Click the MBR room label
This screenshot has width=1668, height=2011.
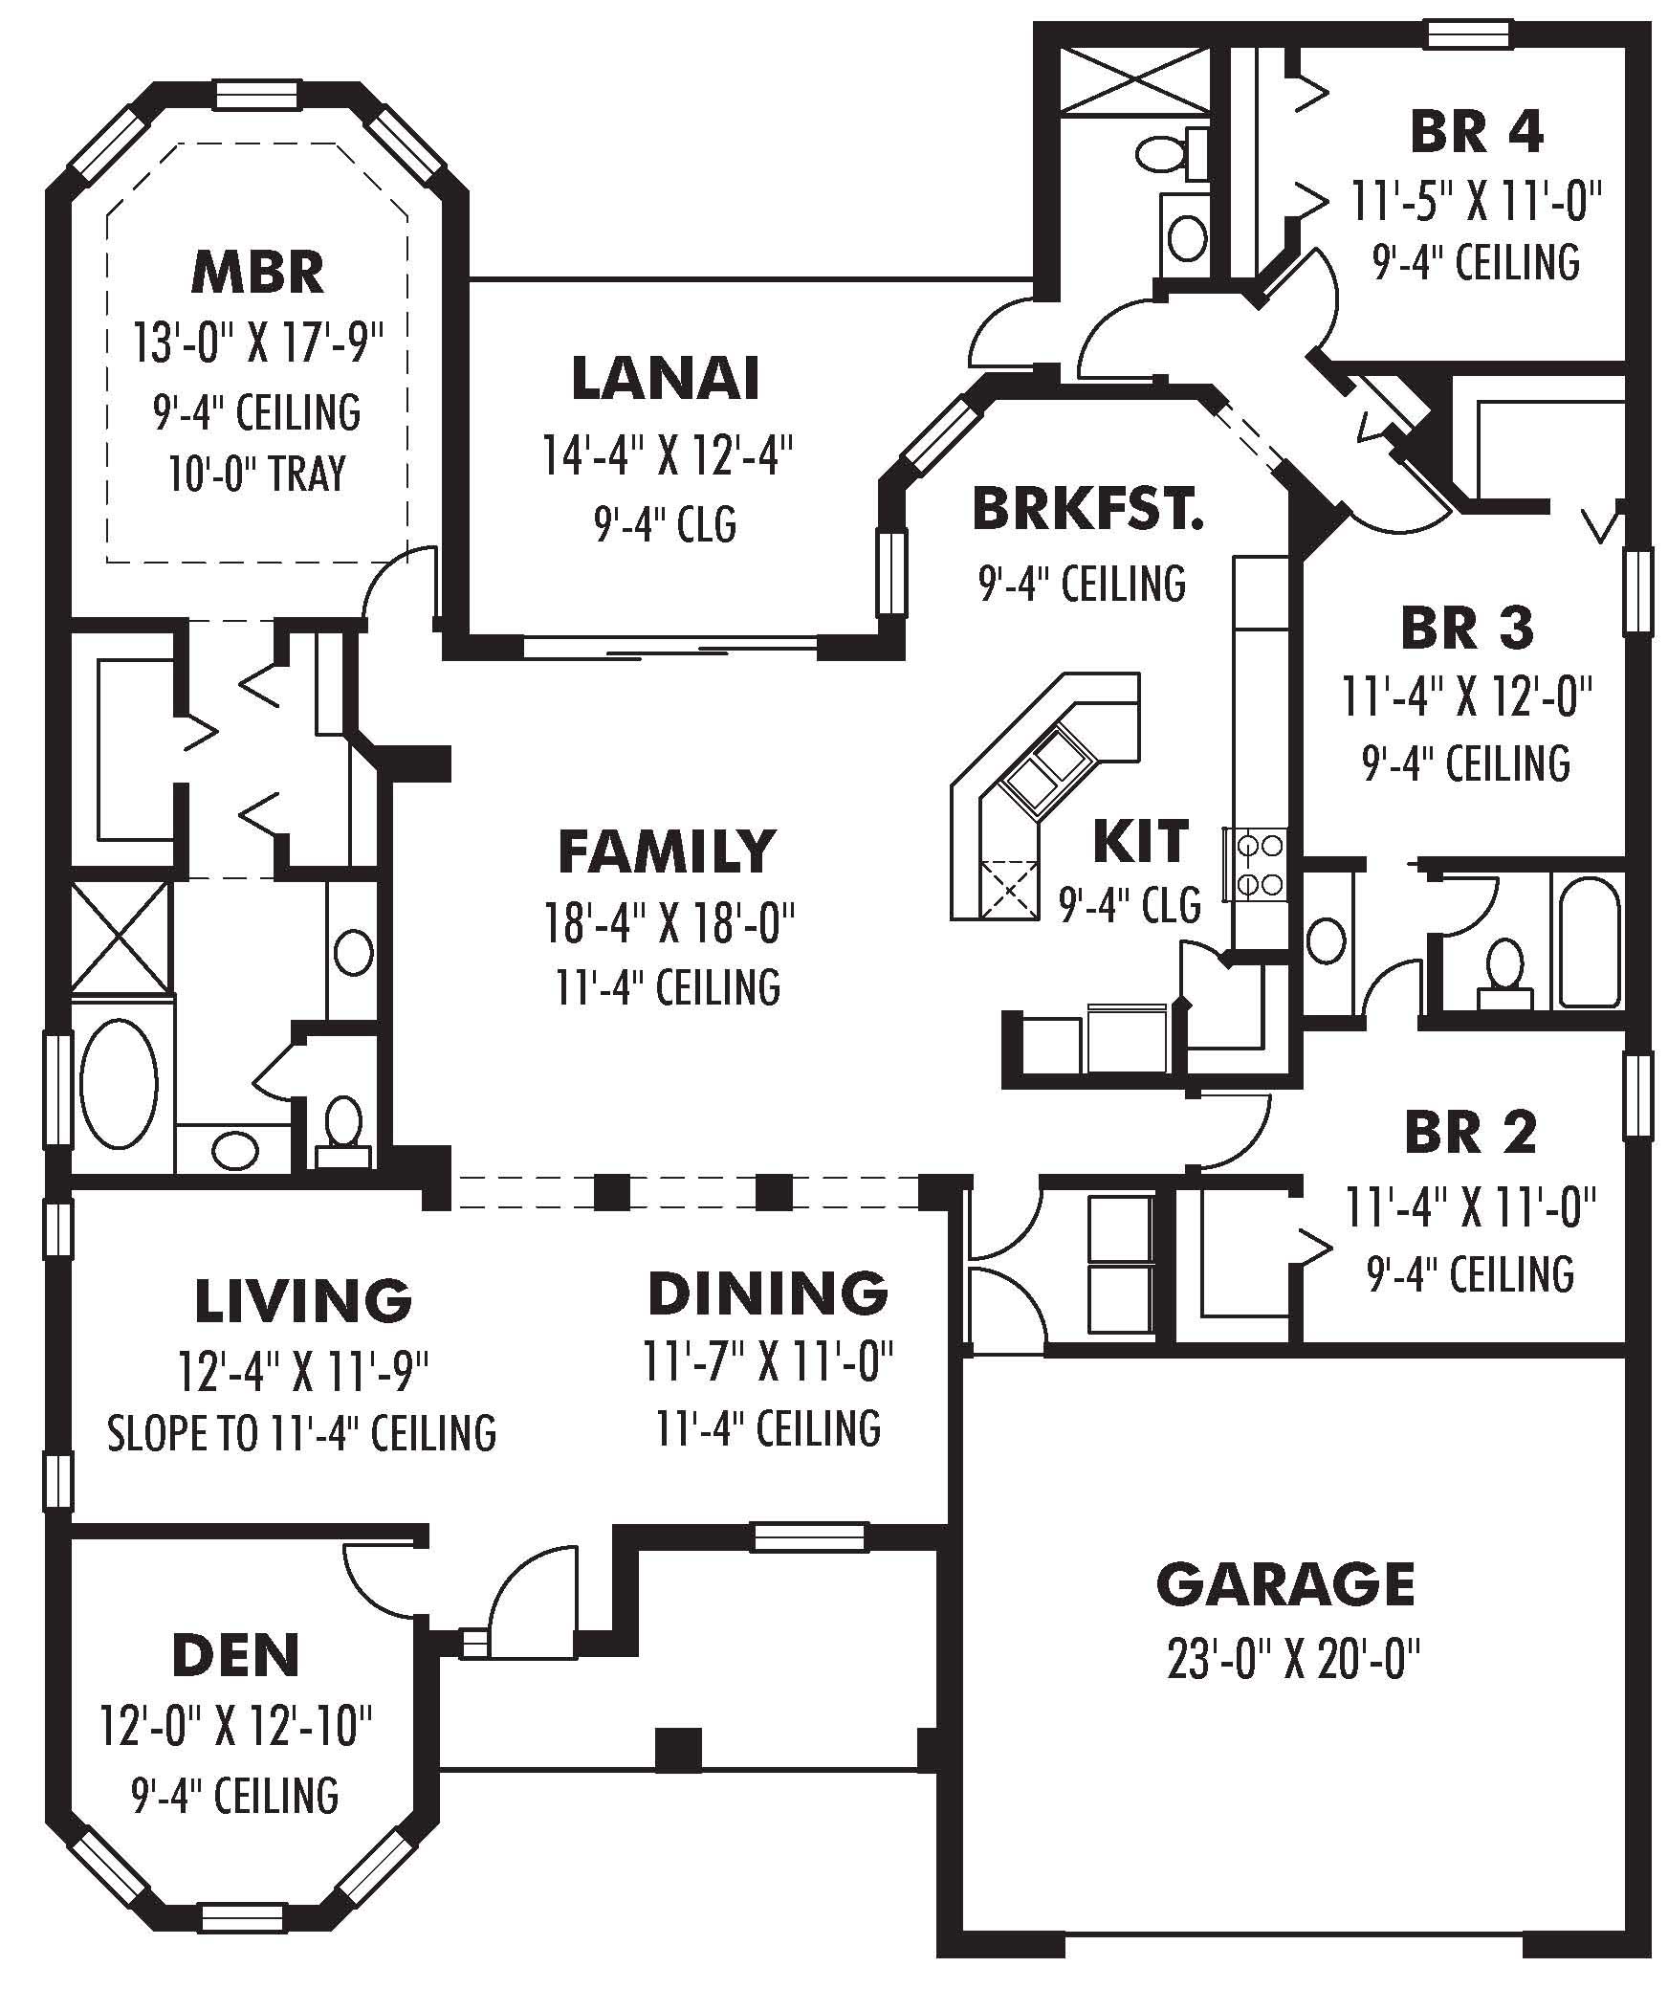[257, 272]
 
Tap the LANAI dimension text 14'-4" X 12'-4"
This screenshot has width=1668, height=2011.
[669, 454]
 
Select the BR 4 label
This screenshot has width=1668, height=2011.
[1476, 132]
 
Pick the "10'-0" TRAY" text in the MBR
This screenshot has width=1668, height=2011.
[257, 474]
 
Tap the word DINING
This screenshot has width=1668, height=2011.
[768, 1293]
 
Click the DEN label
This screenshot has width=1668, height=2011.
[235, 1656]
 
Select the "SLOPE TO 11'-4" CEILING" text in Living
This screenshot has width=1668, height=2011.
[301, 1433]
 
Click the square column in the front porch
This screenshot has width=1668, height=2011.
[678, 1749]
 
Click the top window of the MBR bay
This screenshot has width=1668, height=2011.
[256, 95]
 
